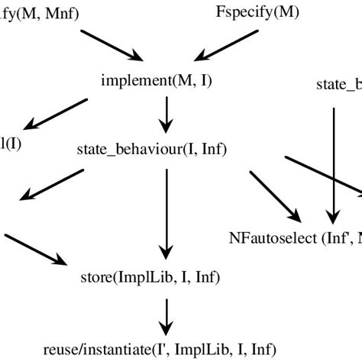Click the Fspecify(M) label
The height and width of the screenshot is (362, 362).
[x=257, y=13]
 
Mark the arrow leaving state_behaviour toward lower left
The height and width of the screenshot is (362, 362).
[x=47, y=184]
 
